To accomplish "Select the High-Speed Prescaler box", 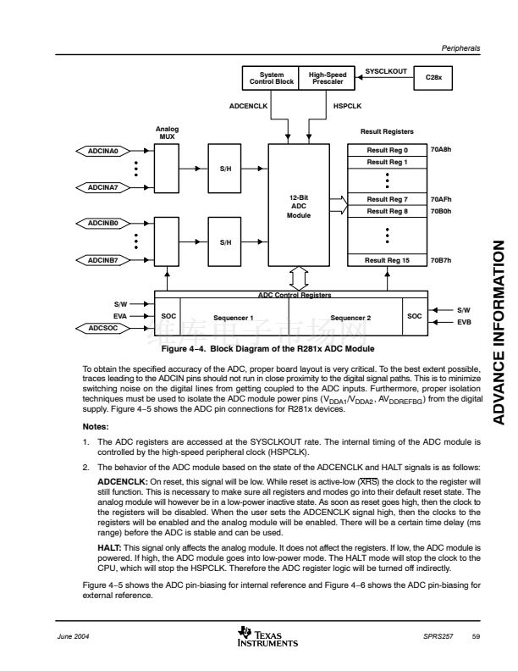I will pyautogui.click(x=326, y=78).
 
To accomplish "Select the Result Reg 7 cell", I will pyautogui.click(x=388, y=199).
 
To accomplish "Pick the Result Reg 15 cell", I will pyautogui.click(x=388, y=260).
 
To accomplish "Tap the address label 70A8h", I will pyautogui.click(x=441, y=150).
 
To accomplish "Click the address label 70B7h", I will pyautogui.click(x=441, y=260).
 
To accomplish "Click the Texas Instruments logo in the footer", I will pyautogui.click(x=258, y=636).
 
